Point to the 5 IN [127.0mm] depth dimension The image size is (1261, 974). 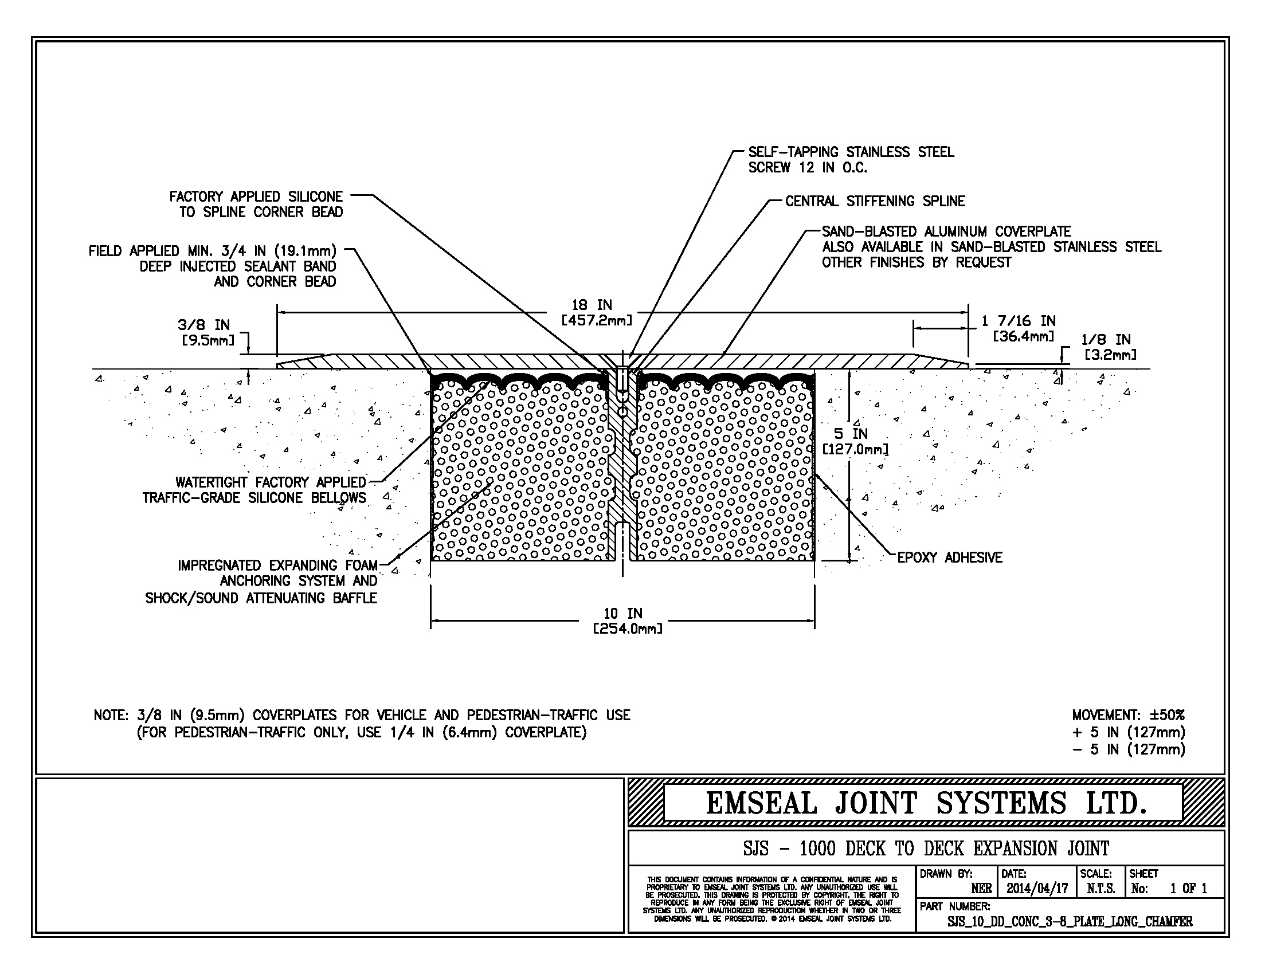pos(855,441)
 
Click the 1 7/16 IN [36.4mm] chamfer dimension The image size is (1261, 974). pos(1019,328)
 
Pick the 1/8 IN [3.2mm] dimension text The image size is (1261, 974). pos(1107,347)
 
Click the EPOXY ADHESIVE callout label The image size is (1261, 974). pos(950,557)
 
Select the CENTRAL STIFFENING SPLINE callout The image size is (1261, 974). pos(875,201)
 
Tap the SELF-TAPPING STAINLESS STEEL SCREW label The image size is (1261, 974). pos(851,159)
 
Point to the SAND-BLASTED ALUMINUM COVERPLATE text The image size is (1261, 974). pos(946,231)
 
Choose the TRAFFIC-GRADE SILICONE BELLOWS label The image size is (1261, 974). pos(254,498)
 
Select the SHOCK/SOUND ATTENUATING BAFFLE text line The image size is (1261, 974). pos(261,598)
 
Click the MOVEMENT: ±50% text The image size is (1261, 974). pos(1128,715)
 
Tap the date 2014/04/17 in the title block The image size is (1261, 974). pos(1037,889)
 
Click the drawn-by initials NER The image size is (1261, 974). pos(981,889)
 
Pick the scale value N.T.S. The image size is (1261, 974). pos(1101,889)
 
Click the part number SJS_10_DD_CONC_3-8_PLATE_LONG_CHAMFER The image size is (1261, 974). pos(1070,921)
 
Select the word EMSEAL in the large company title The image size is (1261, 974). pos(762,803)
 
